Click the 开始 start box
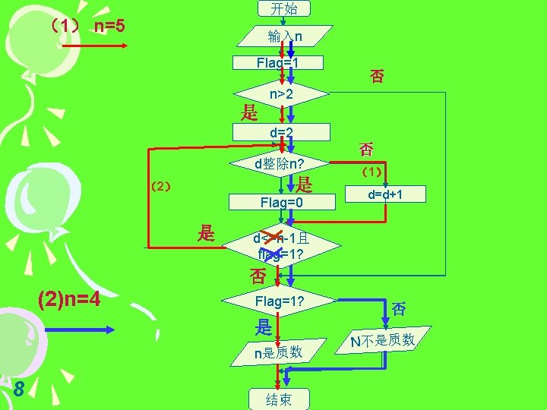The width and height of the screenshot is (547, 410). (283, 8)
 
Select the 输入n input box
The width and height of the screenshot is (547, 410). (284, 36)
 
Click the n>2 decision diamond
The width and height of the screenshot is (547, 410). (282, 95)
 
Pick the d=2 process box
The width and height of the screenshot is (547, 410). (282, 133)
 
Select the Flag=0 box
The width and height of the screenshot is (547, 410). (281, 202)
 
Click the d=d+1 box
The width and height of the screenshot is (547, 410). (385, 194)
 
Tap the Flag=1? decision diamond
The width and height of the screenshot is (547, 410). (280, 301)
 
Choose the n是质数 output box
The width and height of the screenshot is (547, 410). (279, 352)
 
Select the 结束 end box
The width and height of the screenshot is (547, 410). (278, 399)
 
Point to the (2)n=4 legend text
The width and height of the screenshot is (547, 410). (69, 298)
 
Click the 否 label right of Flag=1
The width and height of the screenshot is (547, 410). (377, 75)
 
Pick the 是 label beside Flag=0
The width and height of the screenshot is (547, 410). (305, 184)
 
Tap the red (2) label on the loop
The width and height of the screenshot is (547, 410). (160, 186)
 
